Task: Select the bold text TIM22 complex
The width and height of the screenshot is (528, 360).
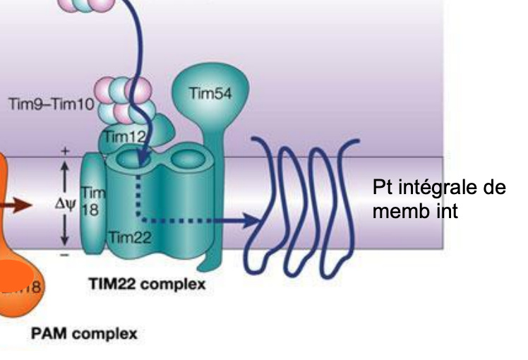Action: [x=147, y=286]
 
